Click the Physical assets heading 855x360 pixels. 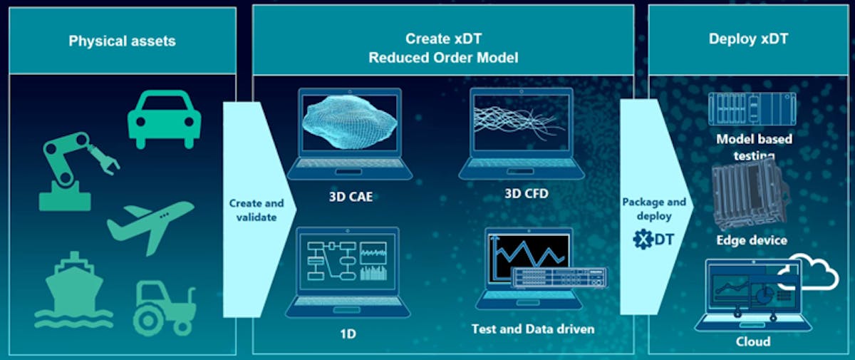[122, 41]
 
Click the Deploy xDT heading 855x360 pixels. [748, 38]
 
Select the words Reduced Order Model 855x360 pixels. [442, 58]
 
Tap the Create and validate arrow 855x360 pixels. [251, 210]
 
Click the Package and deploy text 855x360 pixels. [653, 208]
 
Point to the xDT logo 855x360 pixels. [653, 240]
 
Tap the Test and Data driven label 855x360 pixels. [532, 329]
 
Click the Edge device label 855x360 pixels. [752, 240]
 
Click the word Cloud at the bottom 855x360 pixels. [752, 341]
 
